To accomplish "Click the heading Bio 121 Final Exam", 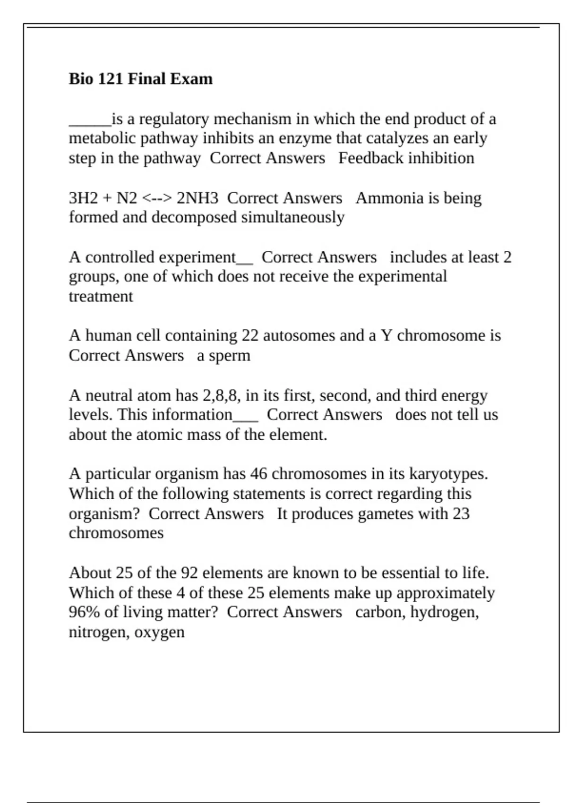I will click(140, 78).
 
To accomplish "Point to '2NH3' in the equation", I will click(198, 198).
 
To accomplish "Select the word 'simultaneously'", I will click(292, 217).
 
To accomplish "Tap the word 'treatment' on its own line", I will click(101, 297).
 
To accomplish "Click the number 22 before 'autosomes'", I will click(250, 335).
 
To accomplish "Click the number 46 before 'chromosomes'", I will click(259, 474).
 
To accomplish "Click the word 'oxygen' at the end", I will click(159, 632).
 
